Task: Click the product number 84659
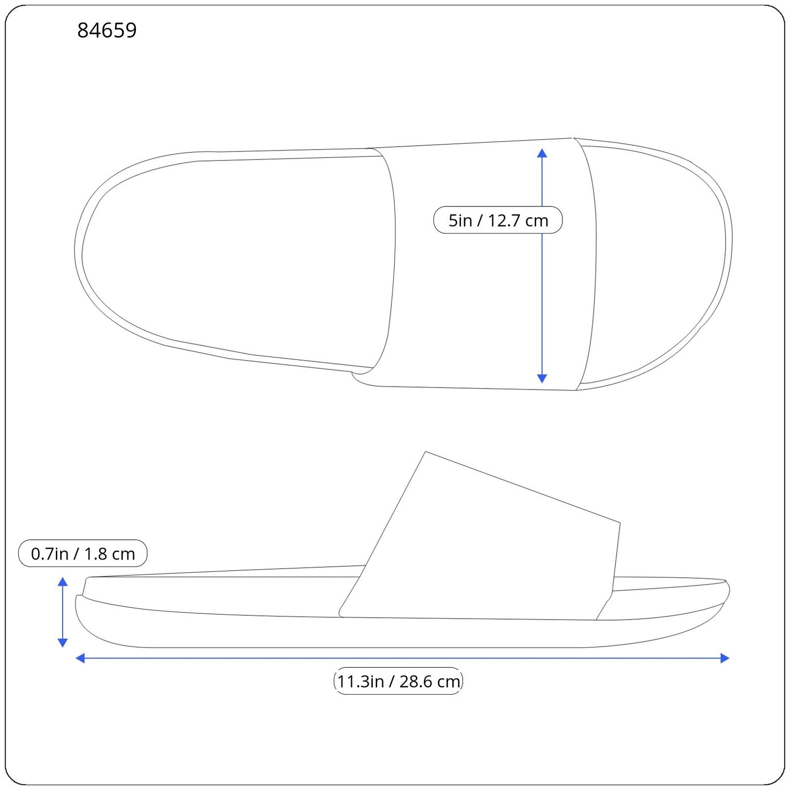(x=107, y=31)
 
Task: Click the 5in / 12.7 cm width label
(x=498, y=220)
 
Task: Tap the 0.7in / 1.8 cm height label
(x=82, y=553)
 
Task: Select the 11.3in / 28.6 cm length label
(x=398, y=681)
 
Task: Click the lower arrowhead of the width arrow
(x=542, y=379)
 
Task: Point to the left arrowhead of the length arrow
(x=80, y=658)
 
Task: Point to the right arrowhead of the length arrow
(x=725, y=658)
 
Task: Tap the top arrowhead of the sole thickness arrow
(x=63, y=582)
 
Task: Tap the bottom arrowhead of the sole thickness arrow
(x=63, y=642)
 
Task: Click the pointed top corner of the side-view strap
(x=426, y=452)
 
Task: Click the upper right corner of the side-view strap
(x=619, y=522)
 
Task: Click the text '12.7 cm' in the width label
(x=518, y=220)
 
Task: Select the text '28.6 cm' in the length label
(x=430, y=681)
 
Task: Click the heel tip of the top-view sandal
(x=76, y=247)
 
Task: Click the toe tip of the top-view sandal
(x=731, y=252)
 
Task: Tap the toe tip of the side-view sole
(x=729, y=590)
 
